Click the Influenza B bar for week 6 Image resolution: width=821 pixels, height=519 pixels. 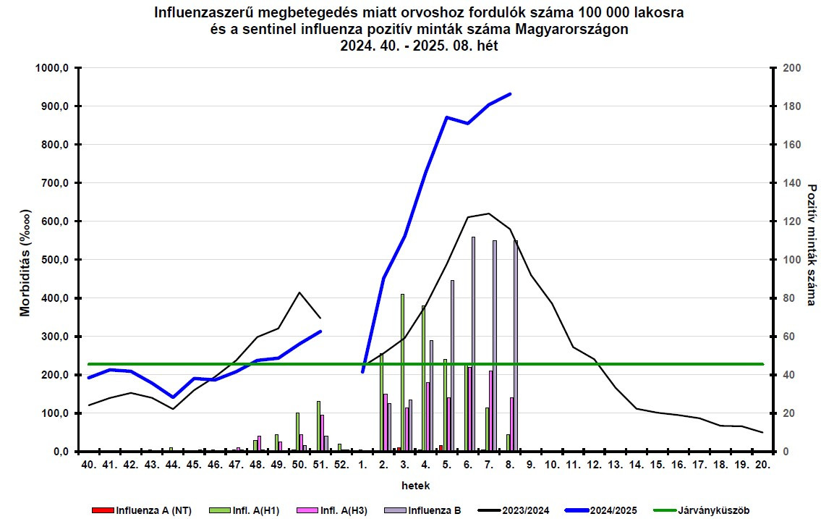[x=473, y=344]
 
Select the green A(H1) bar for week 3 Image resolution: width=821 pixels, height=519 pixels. [x=402, y=373]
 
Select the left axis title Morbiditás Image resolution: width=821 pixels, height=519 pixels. [x=26, y=260]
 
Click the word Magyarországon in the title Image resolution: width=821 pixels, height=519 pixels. [x=571, y=29]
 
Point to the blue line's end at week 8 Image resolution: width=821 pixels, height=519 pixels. [x=511, y=94]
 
